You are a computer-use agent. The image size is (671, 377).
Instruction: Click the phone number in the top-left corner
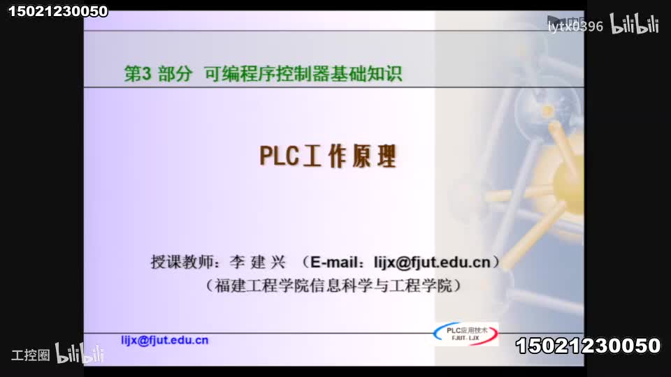58,11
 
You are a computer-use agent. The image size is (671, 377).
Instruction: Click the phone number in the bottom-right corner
588,346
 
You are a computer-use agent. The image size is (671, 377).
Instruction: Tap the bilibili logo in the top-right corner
635,26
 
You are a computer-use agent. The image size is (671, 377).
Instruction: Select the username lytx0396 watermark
575,27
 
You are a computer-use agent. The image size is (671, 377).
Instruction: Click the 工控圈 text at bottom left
31,355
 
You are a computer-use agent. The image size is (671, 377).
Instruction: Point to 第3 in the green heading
138,74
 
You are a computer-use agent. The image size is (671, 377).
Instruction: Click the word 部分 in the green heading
175,74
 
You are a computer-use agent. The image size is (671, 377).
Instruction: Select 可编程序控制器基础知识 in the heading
303,73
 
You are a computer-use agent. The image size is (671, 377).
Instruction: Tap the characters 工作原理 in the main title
349,157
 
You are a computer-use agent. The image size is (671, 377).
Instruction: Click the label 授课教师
182,263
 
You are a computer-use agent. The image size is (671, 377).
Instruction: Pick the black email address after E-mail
432,263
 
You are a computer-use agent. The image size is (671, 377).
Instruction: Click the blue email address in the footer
165,340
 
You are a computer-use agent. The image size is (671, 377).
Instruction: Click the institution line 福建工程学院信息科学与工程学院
335,285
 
